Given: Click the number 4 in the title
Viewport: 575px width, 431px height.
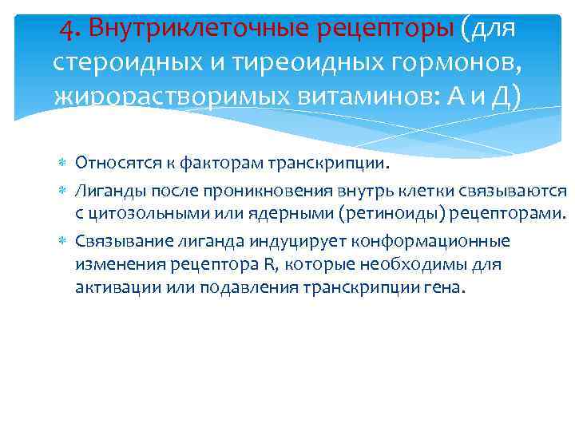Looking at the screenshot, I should [x=69, y=30].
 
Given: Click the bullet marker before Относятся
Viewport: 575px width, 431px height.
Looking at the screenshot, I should [x=63, y=164].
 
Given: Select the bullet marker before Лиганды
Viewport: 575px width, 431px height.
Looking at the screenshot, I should [x=63, y=192].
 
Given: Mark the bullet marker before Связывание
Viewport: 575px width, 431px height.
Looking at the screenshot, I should [x=63, y=241].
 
